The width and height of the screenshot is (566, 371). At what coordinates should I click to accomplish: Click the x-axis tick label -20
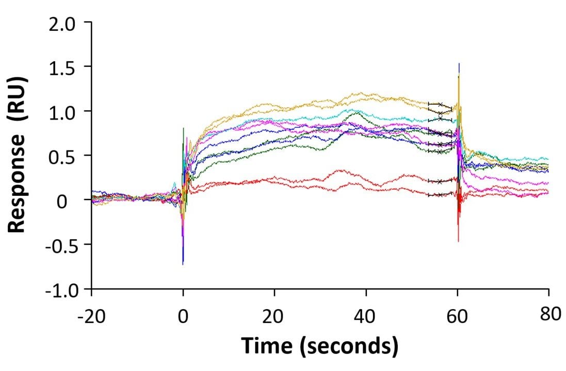[91, 315]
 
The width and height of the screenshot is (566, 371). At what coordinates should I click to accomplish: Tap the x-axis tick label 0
[183, 315]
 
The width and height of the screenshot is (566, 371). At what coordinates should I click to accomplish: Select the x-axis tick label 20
[274, 315]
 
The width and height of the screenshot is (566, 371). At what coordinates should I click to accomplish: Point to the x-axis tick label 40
[366, 315]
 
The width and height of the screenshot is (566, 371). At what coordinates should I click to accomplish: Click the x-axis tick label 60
[457, 315]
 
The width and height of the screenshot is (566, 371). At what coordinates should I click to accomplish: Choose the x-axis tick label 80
[548, 314]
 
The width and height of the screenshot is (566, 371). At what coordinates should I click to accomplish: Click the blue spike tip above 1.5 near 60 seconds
[459, 64]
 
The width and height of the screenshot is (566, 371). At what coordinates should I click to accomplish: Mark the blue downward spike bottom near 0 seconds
[183, 264]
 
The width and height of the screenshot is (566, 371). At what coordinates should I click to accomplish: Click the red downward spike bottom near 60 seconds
[458, 241]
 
